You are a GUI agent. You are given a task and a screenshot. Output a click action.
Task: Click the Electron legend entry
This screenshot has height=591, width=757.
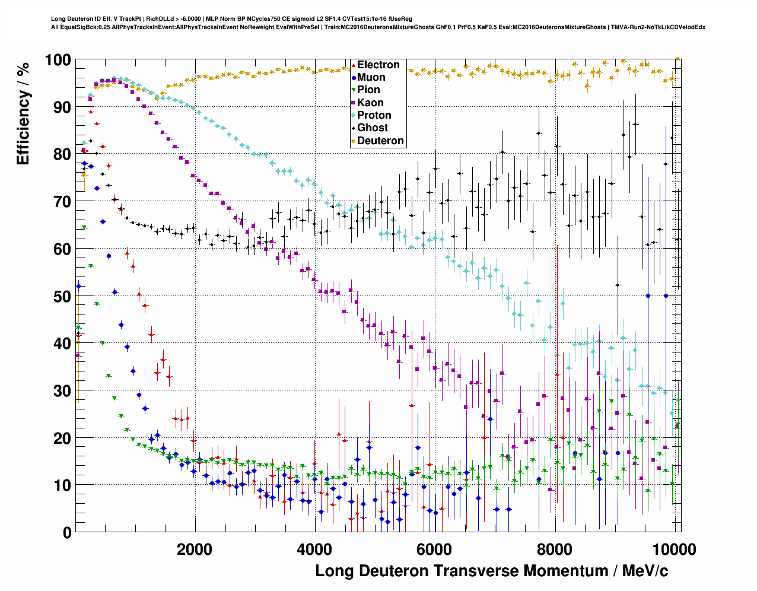pyautogui.click(x=378, y=65)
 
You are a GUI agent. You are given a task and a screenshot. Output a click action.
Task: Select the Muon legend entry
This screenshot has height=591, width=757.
pyautogui.click(x=371, y=77)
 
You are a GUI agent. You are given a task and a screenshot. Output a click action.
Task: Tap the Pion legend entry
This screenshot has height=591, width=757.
pyautogui.click(x=368, y=90)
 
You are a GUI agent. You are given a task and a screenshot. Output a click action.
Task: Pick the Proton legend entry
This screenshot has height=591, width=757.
pyautogui.click(x=374, y=115)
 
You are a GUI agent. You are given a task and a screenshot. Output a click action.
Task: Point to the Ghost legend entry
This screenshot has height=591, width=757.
pyautogui.click(x=372, y=128)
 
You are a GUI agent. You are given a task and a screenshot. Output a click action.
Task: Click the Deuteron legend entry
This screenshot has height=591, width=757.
pyautogui.click(x=380, y=141)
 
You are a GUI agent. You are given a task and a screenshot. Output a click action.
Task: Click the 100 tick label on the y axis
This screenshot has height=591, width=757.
pyautogui.click(x=58, y=60)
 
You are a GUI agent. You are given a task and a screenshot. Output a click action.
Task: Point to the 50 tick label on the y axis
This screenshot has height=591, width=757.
pyautogui.click(x=62, y=296)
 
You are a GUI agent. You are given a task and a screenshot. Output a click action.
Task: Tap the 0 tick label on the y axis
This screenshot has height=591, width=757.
pyautogui.click(x=66, y=533)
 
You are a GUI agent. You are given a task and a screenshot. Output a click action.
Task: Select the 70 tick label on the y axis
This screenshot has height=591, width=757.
pyautogui.click(x=62, y=202)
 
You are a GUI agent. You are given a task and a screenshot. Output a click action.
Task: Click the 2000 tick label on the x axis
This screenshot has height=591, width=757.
pyautogui.click(x=195, y=549)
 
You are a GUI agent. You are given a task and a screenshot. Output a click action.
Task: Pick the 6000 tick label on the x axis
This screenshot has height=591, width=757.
pyautogui.click(x=435, y=549)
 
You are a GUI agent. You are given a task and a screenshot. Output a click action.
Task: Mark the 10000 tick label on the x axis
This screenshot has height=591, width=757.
pyautogui.click(x=675, y=549)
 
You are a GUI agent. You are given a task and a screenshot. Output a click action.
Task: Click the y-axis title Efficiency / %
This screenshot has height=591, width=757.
pyautogui.click(x=23, y=113)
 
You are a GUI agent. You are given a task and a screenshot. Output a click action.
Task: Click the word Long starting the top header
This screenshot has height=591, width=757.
pyautogui.click(x=57, y=19)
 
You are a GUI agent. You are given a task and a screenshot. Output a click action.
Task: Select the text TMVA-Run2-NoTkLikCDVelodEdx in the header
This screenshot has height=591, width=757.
pyautogui.click(x=658, y=27)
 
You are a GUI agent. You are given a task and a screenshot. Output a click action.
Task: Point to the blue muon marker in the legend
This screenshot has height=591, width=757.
pyautogui.click(x=354, y=77)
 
